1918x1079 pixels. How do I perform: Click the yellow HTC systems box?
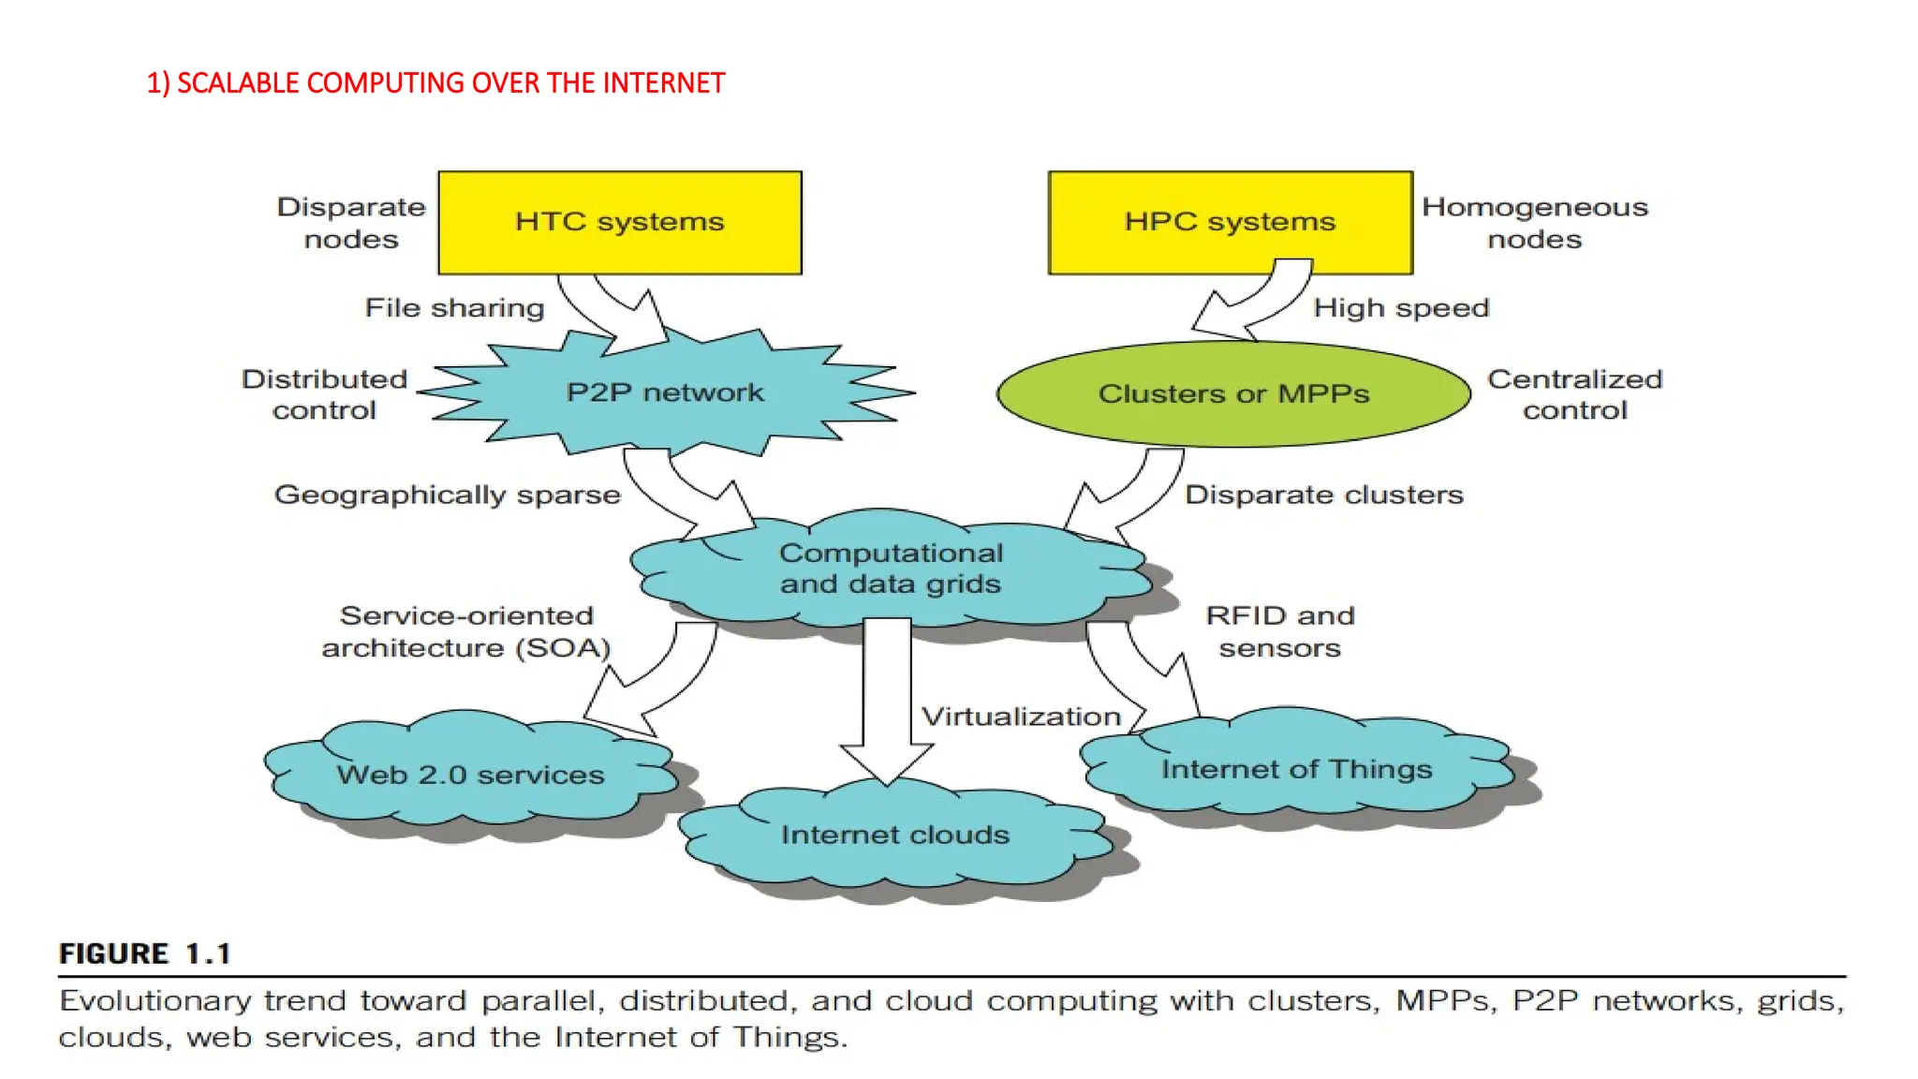pos(620,223)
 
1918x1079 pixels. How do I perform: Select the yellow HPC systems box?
pos(1230,221)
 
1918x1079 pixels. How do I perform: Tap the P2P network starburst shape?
pos(665,392)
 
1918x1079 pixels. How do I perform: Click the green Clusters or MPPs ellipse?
pos(1233,393)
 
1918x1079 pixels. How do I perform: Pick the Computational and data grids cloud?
pos(890,569)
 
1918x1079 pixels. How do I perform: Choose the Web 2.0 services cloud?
pos(470,775)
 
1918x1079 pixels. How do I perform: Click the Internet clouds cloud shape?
pos(894,835)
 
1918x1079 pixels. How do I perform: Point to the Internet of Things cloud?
pos(1296,769)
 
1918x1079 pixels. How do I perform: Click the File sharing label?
pos(454,308)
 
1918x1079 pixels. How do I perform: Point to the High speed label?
pos(1401,308)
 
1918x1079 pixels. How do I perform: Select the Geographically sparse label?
pos(447,495)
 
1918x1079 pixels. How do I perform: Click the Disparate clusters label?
pos(1323,495)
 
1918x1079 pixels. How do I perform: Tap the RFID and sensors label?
pos(1279,631)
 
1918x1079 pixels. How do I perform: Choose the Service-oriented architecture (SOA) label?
pos(465,631)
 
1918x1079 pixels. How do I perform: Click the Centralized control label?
pos(1574,394)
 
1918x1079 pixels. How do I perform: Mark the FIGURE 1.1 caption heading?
pos(144,953)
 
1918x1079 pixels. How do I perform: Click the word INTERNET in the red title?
pos(663,83)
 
